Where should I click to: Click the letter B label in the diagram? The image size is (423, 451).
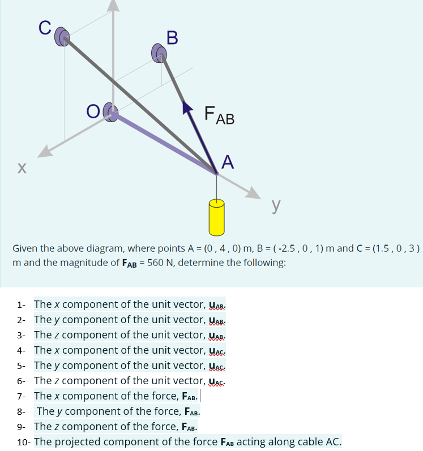coord(172,38)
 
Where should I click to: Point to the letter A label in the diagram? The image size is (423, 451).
coord(227,162)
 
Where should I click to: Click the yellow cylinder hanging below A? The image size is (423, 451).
coord(217,217)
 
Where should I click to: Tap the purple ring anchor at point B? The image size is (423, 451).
coord(159,54)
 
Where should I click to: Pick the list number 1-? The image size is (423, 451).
coord(22,304)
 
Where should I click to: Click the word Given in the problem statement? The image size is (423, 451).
coord(26,249)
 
